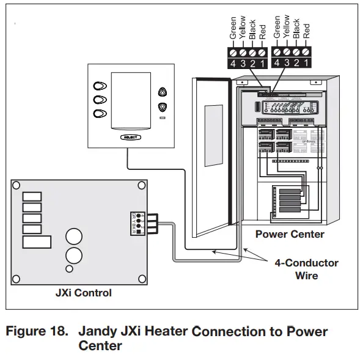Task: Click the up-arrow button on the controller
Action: tap(163, 92)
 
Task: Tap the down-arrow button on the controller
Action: tap(163, 107)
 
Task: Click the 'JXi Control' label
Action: tap(84, 293)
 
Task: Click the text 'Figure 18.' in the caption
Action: tap(37, 332)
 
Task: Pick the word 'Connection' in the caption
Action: tap(226, 332)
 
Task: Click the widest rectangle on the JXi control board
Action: tap(37, 241)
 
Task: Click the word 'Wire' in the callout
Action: tap(306, 276)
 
